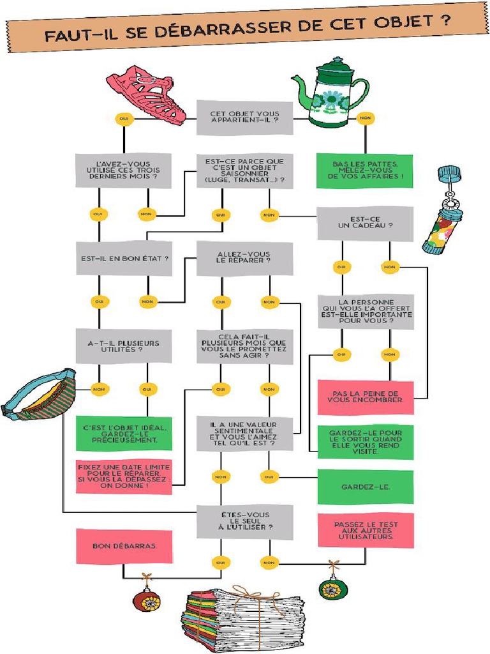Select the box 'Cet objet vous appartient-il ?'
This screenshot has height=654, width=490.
pos(244,118)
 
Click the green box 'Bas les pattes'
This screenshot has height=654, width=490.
pos(364,170)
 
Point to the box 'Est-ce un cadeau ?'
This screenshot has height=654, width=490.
pos(365,222)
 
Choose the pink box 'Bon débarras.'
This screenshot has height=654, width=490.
pos(124,546)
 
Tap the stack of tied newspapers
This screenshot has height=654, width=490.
pos(244,619)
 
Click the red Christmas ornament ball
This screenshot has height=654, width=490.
pos(146,600)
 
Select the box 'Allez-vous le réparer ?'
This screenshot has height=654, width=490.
pos(244,258)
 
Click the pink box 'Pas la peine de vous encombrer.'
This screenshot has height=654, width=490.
pos(365,397)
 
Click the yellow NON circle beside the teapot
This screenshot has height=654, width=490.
pos(365,118)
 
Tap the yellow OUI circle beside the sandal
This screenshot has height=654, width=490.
pos(124,118)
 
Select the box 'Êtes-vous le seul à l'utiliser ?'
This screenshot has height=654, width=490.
pos(244,521)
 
